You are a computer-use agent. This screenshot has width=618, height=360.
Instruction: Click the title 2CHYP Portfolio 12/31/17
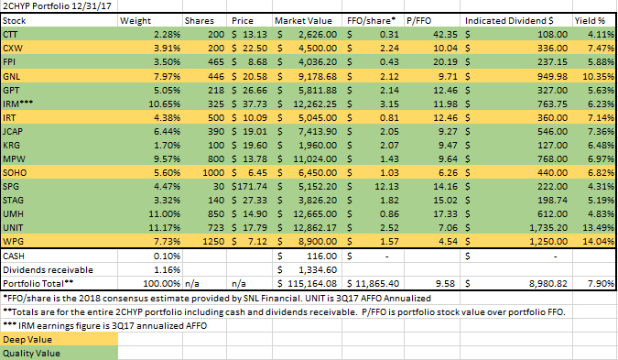57,5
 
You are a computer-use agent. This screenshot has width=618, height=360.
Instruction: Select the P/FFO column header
419,21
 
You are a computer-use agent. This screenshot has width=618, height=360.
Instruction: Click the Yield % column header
590,21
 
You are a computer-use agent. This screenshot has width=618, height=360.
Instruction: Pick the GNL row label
11,77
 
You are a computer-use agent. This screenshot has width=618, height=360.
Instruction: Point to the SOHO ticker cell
15,173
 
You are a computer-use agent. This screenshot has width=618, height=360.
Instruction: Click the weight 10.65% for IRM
165,104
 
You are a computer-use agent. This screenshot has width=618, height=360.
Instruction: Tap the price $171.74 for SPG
249,187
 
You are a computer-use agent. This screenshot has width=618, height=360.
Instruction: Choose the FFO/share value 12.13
386,187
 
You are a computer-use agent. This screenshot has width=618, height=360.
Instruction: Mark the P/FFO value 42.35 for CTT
445,35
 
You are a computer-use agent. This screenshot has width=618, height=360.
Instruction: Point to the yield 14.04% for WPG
598,241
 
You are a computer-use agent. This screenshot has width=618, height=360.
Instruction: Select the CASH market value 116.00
321,256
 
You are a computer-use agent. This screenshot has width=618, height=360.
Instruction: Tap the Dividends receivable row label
48,270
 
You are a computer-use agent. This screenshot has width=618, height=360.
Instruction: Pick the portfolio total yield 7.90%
601,283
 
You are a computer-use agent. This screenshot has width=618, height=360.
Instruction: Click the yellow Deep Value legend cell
60,340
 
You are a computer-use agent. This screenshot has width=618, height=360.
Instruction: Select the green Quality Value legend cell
60,354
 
